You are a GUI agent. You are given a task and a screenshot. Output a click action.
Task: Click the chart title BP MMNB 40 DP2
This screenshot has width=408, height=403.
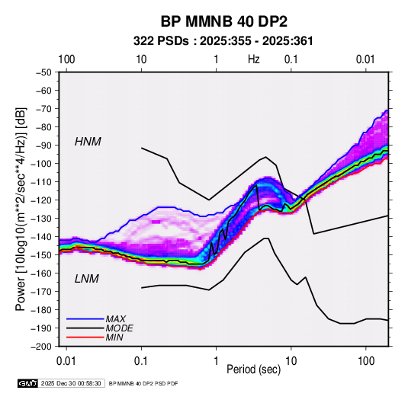[x=223, y=21]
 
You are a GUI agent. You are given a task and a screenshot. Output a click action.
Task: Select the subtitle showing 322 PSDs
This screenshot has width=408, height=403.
[x=223, y=41]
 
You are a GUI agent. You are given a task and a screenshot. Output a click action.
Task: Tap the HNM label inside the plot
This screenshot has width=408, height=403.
[x=88, y=142]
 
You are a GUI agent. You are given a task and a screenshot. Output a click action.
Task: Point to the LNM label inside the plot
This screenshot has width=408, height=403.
[x=87, y=279]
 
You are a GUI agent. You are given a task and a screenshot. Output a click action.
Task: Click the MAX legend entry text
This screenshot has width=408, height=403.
[x=115, y=318]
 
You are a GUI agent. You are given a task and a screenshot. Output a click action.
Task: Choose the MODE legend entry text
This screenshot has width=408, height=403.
[x=120, y=328]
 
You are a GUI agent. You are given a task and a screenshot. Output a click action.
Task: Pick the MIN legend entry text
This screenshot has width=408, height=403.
[x=114, y=337]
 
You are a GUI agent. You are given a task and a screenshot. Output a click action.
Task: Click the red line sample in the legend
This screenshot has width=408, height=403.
[x=85, y=337]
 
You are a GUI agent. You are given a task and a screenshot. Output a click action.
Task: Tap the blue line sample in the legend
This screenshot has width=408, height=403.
[x=85, y=318]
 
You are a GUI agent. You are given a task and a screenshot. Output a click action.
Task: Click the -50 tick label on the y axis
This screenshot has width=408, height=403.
[x=43, y=72]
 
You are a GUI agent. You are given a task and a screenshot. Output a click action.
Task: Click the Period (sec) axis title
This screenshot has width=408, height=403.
[x=254, y=369]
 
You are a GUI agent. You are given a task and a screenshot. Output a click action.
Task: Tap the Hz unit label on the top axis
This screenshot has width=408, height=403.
[x=254, y=59]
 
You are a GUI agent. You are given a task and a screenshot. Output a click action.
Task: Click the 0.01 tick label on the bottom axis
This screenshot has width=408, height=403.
[x=66, y=361]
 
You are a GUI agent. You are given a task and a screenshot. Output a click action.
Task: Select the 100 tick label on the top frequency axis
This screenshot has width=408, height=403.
[x=66, y=59]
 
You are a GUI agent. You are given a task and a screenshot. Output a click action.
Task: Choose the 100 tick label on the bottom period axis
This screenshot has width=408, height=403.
[x=366, y=361]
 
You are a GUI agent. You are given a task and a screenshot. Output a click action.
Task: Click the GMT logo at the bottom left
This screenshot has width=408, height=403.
[x=28, y=383]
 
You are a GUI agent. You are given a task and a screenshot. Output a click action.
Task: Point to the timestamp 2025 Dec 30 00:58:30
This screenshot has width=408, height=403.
[x=71, y=383]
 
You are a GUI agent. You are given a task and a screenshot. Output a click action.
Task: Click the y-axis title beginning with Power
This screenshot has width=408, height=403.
[x=21, y=209]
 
